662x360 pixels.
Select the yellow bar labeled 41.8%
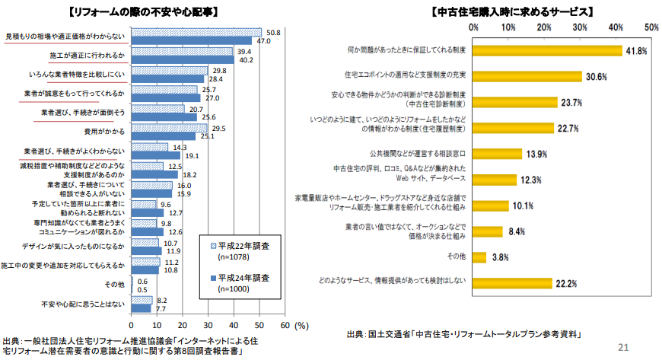tap(547, 51)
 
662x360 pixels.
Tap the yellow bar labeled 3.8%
tap(479, 257)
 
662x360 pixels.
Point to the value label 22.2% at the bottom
tap(565, 283)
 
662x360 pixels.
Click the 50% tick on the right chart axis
tap(651, 27)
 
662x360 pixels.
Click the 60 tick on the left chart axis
tap(285, 323)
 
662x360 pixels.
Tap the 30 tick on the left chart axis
tap(208, 323)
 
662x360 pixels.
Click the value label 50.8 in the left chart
tap(273, 33)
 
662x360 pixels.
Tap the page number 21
tap(624, 347)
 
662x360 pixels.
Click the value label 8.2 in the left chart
tap(162, 301)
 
